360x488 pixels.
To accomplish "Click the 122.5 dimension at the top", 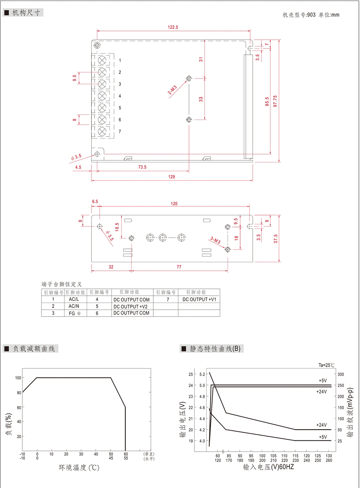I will pyautogui.click(x=173, y=27).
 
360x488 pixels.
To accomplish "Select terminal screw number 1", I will pyautogui.click(x=102, y=60).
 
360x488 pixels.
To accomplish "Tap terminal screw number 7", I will pyautogui.click(x=102, y=131).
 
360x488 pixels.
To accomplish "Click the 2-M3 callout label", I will pyautogui.click(x=172, y=90).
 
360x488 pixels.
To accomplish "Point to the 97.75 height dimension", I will pyautogui.click(x=275, y=101).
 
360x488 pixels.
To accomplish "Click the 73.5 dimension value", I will pyautogui.click(x=142, y=167).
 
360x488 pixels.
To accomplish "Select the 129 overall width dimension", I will pyautogui.click(x=171, y=177).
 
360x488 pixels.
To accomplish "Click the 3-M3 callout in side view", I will pyautogui.click(x=215, y=240).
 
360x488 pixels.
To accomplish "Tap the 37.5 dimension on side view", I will pyautogui.click(x=276, y=239).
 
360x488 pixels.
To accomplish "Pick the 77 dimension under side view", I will pyautogui.click(x=179, y=267).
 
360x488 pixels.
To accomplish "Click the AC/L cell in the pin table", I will pyautogui.click(x=74, y=299).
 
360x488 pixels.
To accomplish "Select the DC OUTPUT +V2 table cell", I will pyautogui.click(x=131, y=306).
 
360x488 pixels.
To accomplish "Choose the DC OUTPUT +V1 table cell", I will pyautogui.click(x=199, y=299).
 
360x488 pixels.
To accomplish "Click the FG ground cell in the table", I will pyautogui.click(x=75, y=313).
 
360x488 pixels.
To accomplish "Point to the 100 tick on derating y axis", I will pyautogui.click(x=18, y=378).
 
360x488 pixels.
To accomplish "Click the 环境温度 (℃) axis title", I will pyautogui.click(x=79, y=467).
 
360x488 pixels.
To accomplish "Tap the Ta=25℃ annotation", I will pyautogui.click(x=326, y=365).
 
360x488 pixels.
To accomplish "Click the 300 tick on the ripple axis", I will pyautogui.click(x=341, y=374).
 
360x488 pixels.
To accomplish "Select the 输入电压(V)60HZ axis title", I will pyautogui.click(x=269, y=467).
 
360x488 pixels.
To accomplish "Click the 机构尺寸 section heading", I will pyautogui.click(x=26, y=13).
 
